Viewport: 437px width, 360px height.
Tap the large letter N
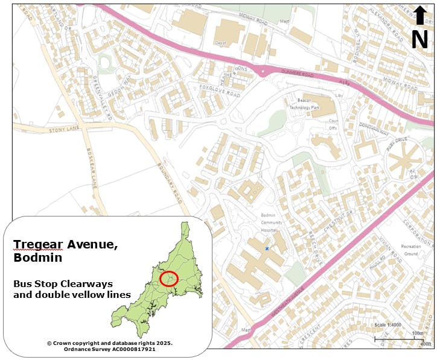(419, 40)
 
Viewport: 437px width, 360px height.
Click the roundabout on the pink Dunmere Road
(263, 71)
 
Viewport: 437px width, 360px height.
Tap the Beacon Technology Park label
(305, 103)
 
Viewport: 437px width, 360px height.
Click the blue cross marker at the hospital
(266, 248)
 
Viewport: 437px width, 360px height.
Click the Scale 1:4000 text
(388, 325)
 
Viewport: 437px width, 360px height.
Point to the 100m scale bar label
(417, 333)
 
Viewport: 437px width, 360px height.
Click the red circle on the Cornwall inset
(171, 279)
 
